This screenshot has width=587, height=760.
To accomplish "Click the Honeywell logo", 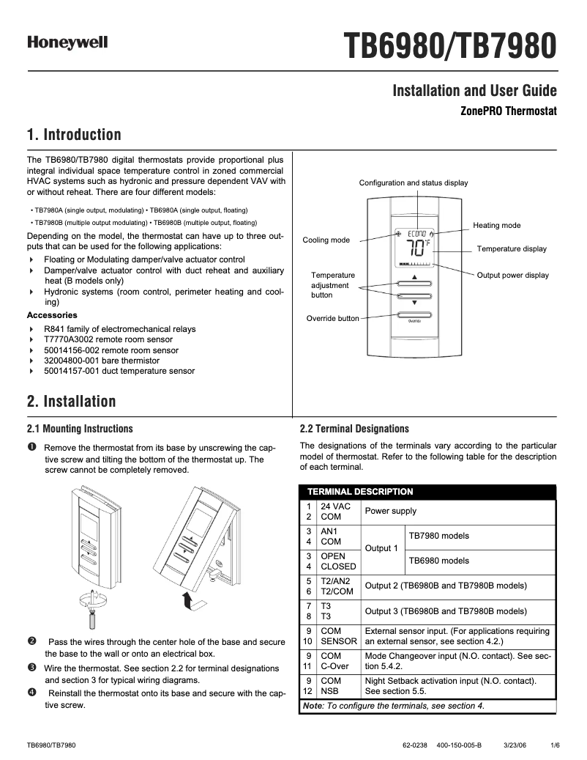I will tap(67, 43).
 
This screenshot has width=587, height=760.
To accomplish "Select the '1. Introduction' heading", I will tap(74, 135).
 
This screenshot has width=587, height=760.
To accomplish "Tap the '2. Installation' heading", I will tap(71, 402).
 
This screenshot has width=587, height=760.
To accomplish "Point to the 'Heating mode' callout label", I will tap(497, 226).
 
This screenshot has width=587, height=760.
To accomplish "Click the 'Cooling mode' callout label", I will tap(326, 240).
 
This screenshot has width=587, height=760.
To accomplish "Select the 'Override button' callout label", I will tap(332, 318).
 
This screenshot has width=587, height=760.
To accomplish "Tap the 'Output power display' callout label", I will tap(512, 276).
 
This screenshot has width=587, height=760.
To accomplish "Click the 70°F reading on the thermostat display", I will tap(417, 246).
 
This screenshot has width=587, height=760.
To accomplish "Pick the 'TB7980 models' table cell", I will tap(438, 536).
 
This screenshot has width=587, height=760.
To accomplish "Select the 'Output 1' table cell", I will tap(381, 548).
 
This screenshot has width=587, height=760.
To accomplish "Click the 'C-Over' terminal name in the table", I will tap(335, 666).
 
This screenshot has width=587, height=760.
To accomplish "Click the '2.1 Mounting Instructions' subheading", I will tap(80, 429).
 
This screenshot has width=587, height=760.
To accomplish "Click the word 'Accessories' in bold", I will tap(51, 315).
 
